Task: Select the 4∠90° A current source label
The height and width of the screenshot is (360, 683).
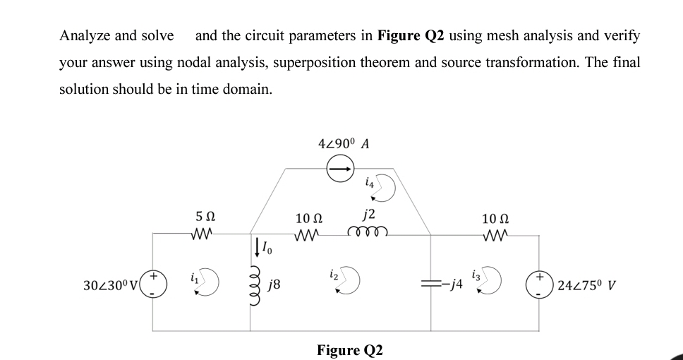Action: click(344, 144)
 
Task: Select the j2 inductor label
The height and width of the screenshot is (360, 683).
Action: click(368, 214)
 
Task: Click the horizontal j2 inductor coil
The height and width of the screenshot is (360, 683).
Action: click(367, 233)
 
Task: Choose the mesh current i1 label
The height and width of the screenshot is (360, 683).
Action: click(193, 277)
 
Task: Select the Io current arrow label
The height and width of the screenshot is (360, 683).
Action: click(265, 248)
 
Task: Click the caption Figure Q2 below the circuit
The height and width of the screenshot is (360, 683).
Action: click(349, 350)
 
